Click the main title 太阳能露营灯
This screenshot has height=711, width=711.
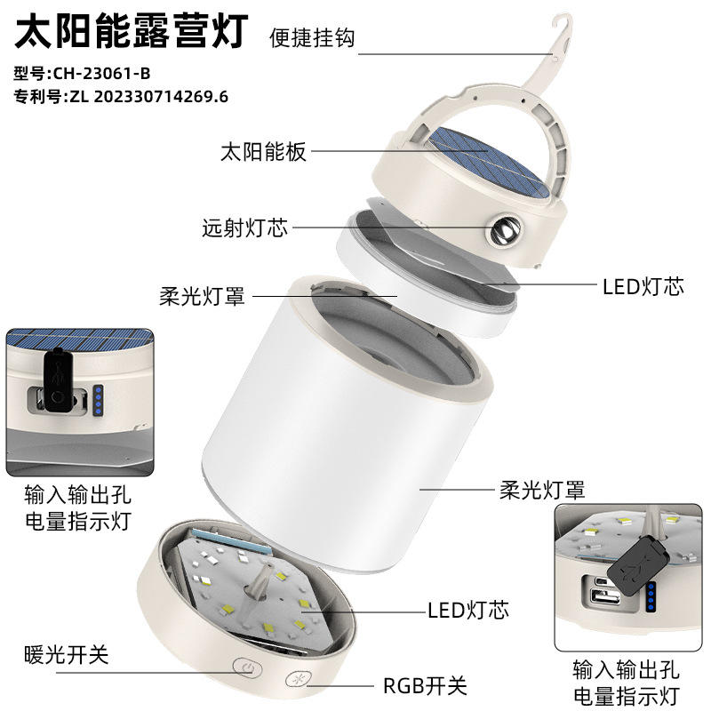pos(132,30)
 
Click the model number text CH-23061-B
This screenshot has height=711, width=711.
pos(101,74)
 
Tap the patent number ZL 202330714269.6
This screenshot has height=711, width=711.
pos(148,97)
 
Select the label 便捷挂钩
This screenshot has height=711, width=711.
pos(312,37)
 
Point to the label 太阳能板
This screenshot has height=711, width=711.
pos(263,151)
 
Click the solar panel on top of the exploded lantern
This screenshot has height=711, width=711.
pos(489,162)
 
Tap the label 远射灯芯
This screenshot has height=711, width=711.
pos(245,228)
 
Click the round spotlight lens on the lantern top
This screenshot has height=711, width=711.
pos(505,229)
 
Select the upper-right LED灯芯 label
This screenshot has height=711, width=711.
pos(643,286)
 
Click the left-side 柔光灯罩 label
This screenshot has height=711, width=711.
pos(203,297)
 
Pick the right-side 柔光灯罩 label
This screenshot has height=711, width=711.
pos(542,491)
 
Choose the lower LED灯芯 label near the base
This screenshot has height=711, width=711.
pos(468,611)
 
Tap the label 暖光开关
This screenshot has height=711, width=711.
pos(67,654)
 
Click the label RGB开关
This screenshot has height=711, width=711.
pos(425,685)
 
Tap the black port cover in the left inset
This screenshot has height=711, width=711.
pos(59,379)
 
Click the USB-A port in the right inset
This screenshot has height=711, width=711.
pos(605,597)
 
